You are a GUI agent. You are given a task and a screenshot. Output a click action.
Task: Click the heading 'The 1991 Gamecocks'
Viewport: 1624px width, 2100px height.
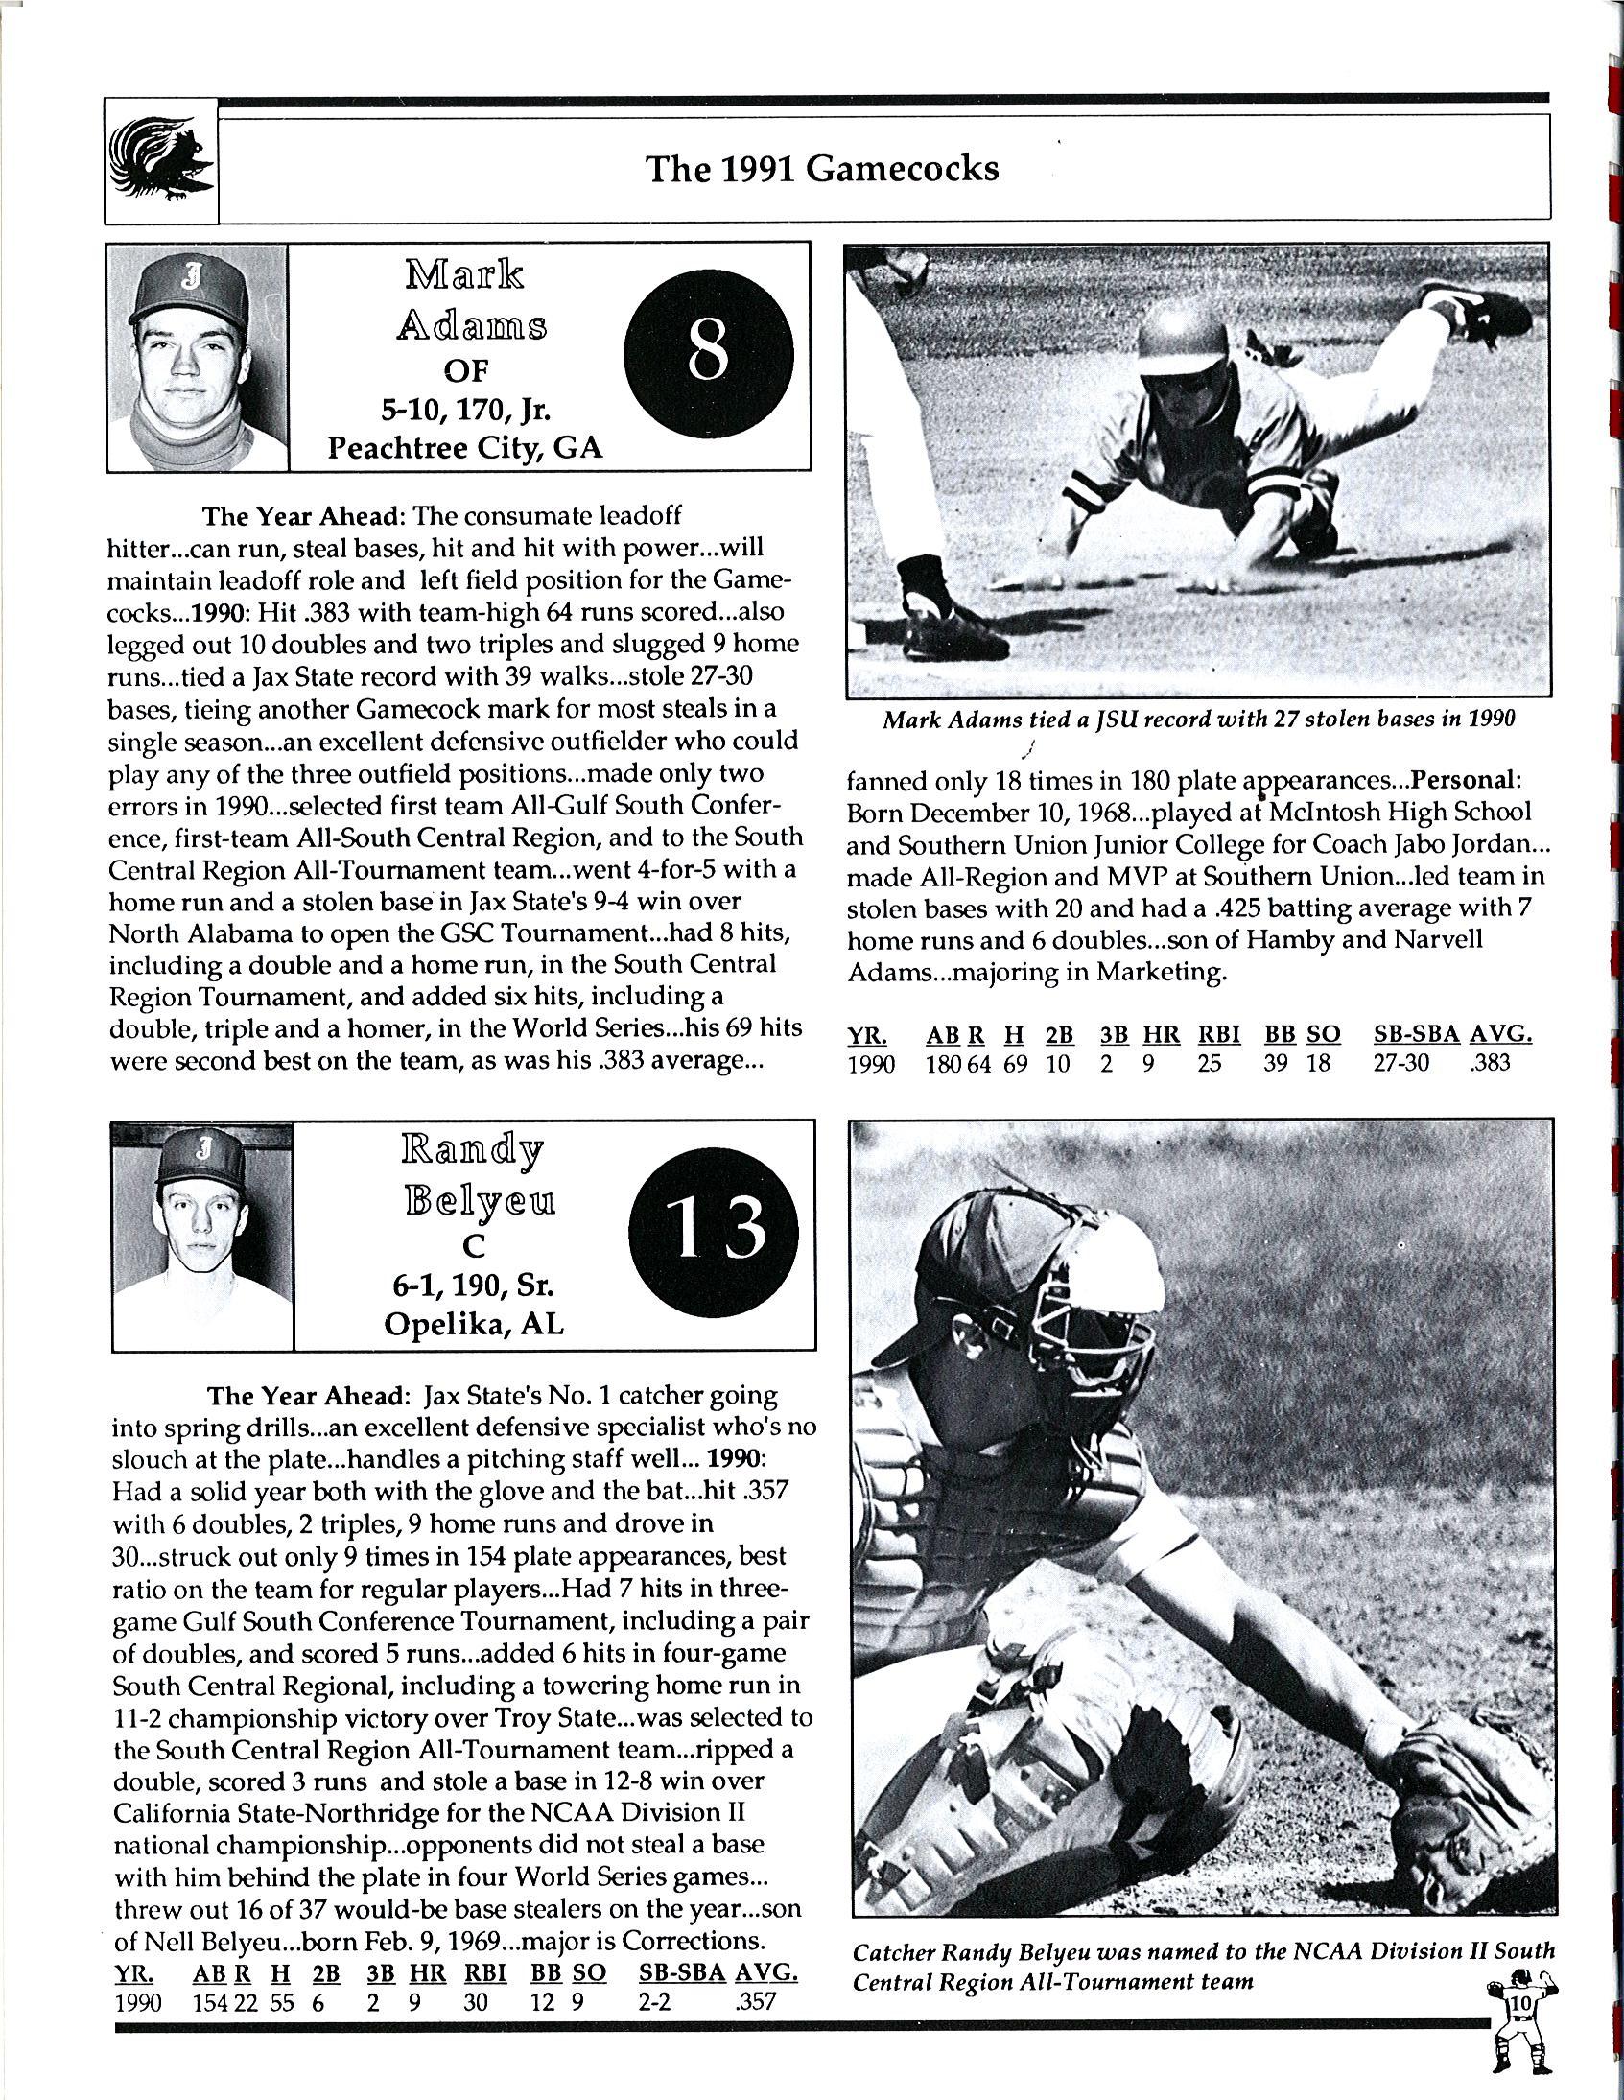click(822, 169)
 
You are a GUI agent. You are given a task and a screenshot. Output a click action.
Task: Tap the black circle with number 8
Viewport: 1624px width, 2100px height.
click(709, 354)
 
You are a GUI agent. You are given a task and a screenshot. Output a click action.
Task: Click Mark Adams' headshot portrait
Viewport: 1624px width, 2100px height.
click(197, 358)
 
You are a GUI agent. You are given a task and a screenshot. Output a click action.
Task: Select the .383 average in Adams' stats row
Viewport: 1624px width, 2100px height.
click(1491, 1064)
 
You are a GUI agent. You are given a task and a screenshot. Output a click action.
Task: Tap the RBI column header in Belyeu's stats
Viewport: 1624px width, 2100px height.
click(485, 1973)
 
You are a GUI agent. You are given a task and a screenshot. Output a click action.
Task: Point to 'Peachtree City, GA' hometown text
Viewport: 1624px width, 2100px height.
click(465, 448)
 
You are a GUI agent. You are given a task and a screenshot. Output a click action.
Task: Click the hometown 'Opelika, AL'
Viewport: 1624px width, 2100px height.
click(474, 1324)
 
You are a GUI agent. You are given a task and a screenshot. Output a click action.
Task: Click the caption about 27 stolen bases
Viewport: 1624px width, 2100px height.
click(1199, 720)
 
